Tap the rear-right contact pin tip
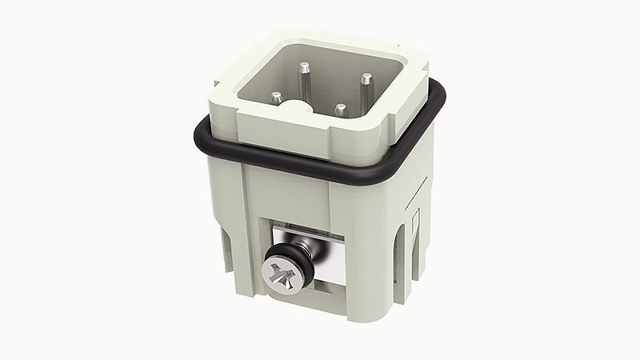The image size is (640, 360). (365, 78)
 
